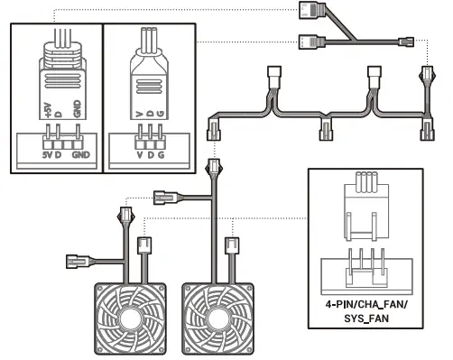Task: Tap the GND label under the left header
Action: coord(82,155)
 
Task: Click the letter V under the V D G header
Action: coord(137,155)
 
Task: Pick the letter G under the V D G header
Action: coord(161,155)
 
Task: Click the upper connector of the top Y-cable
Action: coord(312,11)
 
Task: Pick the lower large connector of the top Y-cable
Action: coord(309,40)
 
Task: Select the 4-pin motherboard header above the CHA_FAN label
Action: coord(365,265)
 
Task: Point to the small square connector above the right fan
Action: coord(231,245)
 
